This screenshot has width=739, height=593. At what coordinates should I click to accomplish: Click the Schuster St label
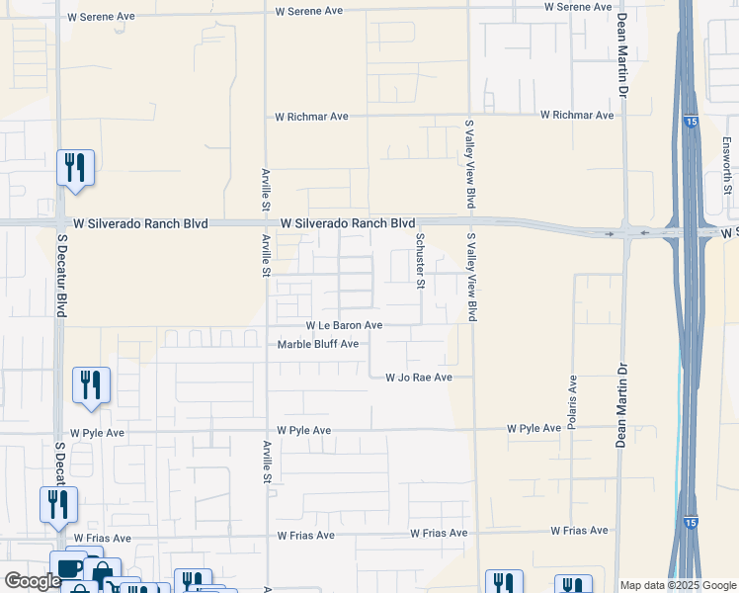[420, 262]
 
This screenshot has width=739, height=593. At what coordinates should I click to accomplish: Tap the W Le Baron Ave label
[343, 325]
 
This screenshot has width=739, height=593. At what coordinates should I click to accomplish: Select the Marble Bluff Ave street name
[317, 344]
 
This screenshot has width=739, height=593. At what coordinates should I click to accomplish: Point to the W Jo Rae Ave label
[418, 378]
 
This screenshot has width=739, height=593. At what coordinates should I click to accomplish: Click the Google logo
[32, 581]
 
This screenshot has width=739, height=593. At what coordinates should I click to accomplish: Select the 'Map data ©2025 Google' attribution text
[678, 585]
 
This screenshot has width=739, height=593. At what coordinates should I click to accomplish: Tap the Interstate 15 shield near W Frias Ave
[688, 521]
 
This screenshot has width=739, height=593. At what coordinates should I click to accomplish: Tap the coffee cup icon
[70, 569]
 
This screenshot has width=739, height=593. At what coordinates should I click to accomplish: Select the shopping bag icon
[102, 573]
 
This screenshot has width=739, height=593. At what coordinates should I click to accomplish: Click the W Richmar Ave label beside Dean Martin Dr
[576, 116]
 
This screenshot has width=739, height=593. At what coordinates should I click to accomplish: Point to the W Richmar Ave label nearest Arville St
[311, 117]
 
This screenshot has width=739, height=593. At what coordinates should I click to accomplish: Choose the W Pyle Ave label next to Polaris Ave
[534, 429]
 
